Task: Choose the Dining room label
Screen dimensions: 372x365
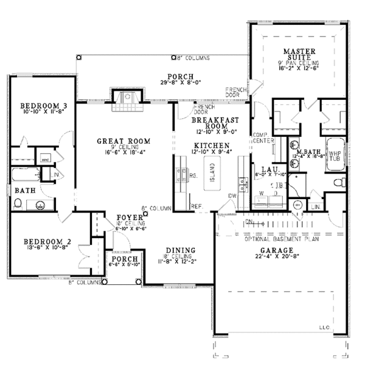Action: [180, 250]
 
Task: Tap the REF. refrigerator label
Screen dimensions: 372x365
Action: [196, 206]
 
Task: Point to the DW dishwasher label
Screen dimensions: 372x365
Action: [233, 195]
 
